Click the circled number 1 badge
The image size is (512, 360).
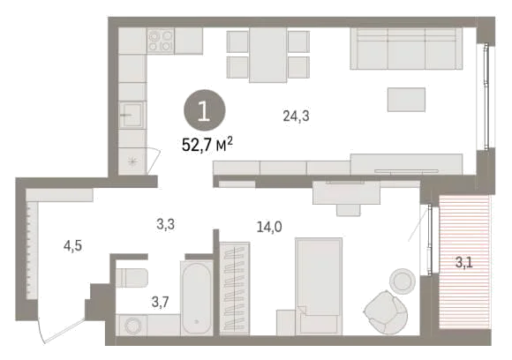click(x=205, y=110)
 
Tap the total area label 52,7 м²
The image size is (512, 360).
click(x=207, y=144)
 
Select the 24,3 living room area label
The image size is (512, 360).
click(x=296, y=116)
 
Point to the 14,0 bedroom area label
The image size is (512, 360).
click(x=269, y=227)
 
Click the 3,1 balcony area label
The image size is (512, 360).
click(x=464, y=262)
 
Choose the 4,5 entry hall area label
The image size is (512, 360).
click(x=72, y=246)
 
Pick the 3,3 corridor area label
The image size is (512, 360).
click(x=165, y=224)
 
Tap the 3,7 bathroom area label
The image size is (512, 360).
click(x=161, y=302)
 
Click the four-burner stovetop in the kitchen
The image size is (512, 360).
click(x=161, y=41)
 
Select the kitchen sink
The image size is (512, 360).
click(x=132, y=115)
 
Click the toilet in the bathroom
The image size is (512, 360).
click(x=132, y=278)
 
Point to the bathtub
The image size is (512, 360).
click(x=197, y=297)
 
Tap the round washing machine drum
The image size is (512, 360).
click(x=133, y=326)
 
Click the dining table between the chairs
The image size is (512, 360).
click(x=268, y=55)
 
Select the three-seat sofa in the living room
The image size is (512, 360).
click(x=406, y=49)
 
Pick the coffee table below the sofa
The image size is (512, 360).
click(x=406, y=100)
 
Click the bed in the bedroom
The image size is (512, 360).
click(x=319, y=286)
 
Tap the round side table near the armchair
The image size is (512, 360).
click(x=403, y=281)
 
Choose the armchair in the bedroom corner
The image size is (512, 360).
click(x=386, y=312)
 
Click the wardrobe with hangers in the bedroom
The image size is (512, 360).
click(x=235, y=289)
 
